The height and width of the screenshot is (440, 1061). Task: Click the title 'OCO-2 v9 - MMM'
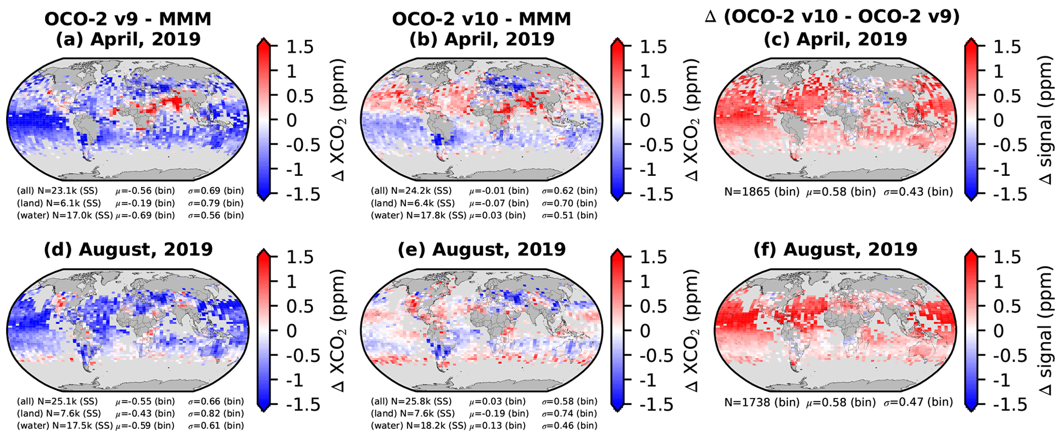pyautogui.click(x=128, y=19)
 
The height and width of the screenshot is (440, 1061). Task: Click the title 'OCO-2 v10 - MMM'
pyautogui.click(x=481, y=19)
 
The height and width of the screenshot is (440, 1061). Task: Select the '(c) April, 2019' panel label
pyautogui.click(x=835, y=39)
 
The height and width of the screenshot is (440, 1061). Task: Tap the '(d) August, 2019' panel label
pyautogui.click(x=128, y=250)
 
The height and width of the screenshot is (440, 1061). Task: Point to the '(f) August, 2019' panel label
pyautogui.click(x=835, y=250)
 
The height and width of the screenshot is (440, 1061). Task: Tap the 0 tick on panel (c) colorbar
pyautogui.click(x=998, y=121)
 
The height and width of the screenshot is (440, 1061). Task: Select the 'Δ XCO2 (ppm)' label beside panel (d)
pyautogui.click(x=339, y=331)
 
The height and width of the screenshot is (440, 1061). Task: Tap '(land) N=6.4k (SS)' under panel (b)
pyautogui.click(x=413, y=203)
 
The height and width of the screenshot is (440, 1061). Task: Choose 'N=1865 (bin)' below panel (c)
pyautogui.click(x=762, y=192)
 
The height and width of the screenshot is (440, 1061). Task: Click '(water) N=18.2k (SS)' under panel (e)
pyautogui.click(x=418, y=426)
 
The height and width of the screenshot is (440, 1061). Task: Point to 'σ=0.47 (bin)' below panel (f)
pyautogui.click(x=918, y=403)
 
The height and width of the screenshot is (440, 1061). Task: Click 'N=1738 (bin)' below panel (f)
pyautogui.click(x=762, y=403)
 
